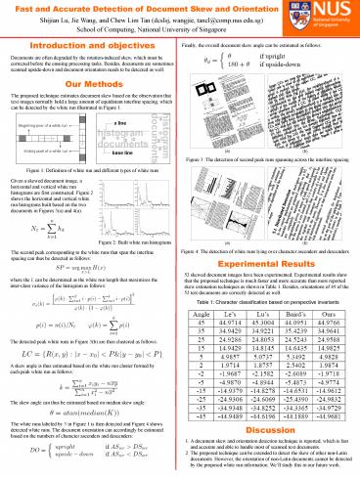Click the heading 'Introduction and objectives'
click(87, 45)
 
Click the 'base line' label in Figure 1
click(122, 154)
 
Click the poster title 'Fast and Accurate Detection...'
click(148, 8)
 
